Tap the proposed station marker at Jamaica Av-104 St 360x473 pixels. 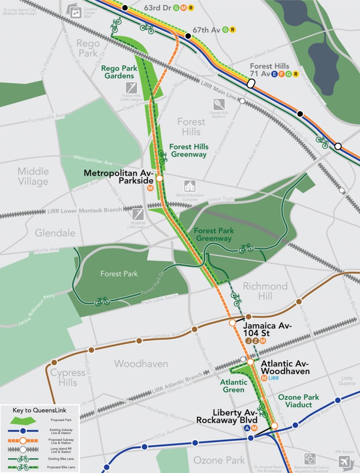233,323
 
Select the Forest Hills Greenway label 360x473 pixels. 189,151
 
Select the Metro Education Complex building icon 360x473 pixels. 189,187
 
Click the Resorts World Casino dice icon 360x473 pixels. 310,459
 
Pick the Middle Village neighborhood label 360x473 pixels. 33,176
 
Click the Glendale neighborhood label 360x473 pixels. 55,233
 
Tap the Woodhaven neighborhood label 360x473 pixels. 141,364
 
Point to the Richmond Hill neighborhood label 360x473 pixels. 265,291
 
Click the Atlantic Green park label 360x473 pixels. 234,386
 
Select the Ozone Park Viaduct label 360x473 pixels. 295,401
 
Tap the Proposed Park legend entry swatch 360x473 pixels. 23,420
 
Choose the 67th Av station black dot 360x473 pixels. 188,36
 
